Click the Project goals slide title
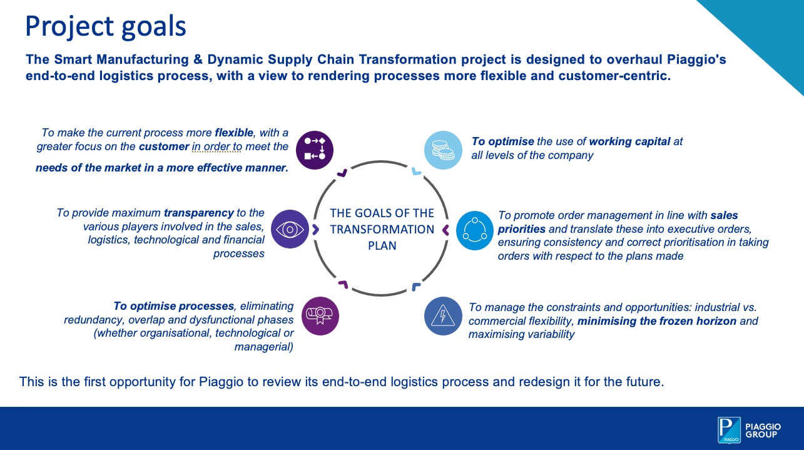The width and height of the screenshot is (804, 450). (x=105, y=26)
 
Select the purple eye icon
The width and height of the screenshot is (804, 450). (x=290, y=229)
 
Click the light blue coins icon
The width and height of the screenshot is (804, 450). (x=443, y=150)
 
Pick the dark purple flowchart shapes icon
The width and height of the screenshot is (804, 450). (x=315, y=150)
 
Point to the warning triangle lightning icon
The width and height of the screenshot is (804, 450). (x=443, y=316)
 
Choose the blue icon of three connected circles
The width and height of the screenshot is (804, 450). (x=475, y=230)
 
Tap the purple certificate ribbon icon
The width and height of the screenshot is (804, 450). (x=320, y=315)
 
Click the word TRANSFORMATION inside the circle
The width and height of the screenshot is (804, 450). (x=382, y=229)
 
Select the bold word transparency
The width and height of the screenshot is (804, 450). (x=199, y=213)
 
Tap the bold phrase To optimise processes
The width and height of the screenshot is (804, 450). (x=173, y=306)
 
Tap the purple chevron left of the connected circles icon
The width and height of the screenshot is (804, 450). (x=445, y=230)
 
